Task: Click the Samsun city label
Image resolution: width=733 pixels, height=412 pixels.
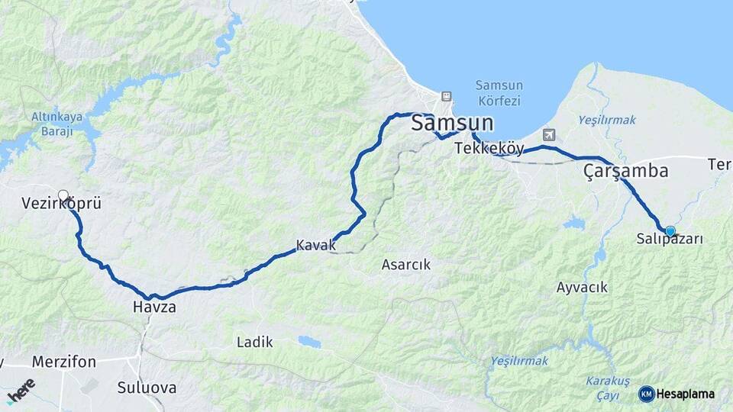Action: (x=452, y=124)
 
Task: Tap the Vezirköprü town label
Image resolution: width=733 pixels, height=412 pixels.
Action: (x=62, y=204)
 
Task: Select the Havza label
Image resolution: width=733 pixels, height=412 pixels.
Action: (x=153, y=307)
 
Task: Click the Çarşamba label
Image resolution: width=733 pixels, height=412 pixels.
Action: (x=625, y=171)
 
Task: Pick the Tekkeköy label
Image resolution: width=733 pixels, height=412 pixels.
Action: (x=489, y=149)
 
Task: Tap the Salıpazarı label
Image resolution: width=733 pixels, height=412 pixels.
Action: (x=670, y=240)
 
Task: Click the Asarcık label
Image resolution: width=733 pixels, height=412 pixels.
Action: (x=405, y=265)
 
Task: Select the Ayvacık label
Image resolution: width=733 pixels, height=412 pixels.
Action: (x=582, y=287)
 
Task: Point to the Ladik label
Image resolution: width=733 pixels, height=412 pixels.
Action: (x=254, y=342)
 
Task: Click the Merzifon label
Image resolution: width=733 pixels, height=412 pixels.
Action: (x=64, y=361)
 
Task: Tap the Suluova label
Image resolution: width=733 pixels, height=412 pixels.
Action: (x=147, y=388)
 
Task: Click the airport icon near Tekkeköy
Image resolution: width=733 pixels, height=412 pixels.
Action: (x=551, y=135)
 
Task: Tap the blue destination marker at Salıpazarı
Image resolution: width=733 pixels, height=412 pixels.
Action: (x=670, y=230)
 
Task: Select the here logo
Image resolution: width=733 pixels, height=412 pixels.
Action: (x=21, y=391)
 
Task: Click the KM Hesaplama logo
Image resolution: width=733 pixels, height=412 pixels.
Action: (x=676, y=394)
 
